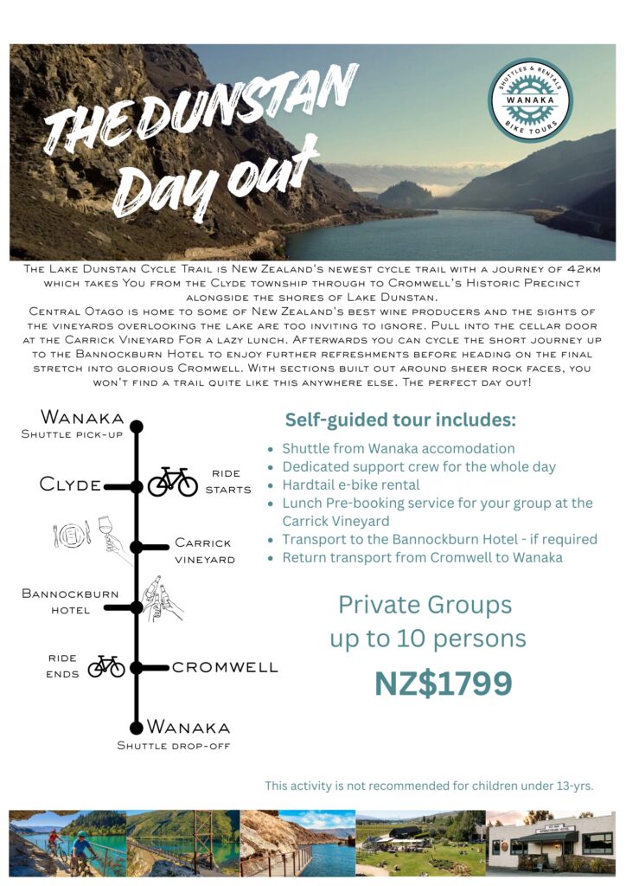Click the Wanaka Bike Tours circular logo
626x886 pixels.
pos(530,100)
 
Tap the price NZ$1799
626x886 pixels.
pos(443,684)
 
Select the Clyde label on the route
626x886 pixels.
pos(70,485)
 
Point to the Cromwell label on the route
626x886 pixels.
pos(225,667)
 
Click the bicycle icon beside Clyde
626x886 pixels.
pos(173,482)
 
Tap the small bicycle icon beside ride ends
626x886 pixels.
pos(106,665)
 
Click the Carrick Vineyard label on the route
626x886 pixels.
pos(204,551)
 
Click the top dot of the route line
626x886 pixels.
pos(136,426)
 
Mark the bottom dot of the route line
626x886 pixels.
pos(136,728)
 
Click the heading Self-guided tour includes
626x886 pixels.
pos(400,421)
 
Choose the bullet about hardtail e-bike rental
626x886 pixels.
pos(350,485)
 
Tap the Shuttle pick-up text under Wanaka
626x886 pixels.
pos(73,434)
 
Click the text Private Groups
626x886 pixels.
pos(425,604)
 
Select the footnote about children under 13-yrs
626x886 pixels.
pos(429,786)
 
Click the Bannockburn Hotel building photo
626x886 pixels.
pos(550,844)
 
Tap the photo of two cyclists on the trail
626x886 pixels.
pos(67,844)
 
